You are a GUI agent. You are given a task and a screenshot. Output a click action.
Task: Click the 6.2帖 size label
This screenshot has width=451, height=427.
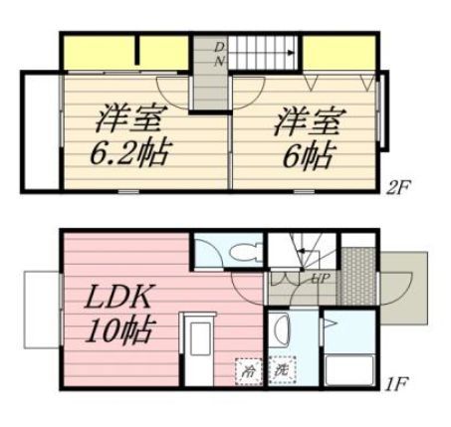point(129,153)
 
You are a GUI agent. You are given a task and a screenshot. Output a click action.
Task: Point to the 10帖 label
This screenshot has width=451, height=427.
point(119,330)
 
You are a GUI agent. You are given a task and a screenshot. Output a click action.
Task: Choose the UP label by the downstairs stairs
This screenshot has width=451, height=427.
point(321,278)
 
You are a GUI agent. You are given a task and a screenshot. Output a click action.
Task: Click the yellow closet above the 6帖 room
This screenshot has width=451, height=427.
point(338,53)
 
